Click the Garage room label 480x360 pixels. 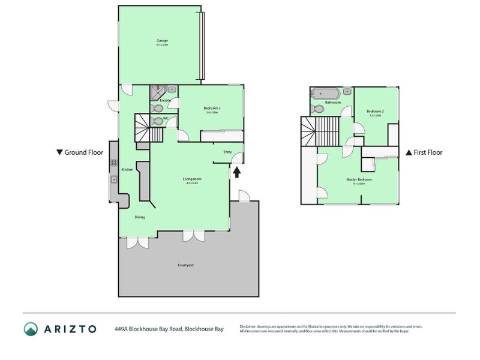pos(162,41)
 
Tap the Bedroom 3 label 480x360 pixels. pos(212,108)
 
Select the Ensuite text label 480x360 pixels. pos(166,100)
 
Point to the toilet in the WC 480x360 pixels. pos(156,120)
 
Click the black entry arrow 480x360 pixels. pos(236,172)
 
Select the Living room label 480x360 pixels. pos(192,178)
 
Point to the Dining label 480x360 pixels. pos(139,217)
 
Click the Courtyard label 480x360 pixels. pos(185,265)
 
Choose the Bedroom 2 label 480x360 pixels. pos(375,111)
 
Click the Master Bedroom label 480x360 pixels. pos(359,179)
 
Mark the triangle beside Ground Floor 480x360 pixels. pos(59,152)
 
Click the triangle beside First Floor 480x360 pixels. pos(409,152)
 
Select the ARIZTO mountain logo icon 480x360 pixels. pos(31,329)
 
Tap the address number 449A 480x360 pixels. pos(122,329)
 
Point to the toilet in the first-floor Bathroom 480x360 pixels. pos(316,109)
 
